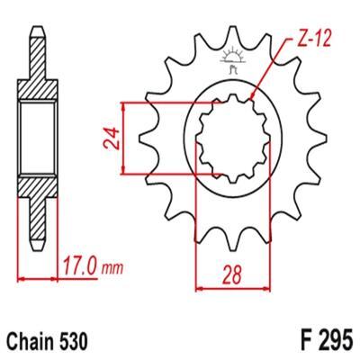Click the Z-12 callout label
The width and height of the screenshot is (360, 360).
313,39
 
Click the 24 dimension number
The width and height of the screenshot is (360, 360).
112,139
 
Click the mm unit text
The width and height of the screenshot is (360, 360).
112,268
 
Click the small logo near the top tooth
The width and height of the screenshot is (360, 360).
233,60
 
